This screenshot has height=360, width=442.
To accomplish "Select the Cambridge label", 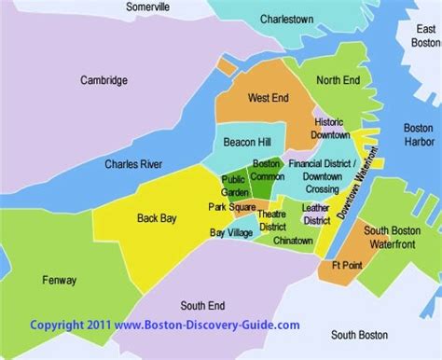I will [104, 81].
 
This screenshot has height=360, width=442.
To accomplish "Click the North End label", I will [337, 81].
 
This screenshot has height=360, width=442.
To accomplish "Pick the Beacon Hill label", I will [247, 143].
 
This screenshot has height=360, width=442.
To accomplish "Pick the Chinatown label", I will [294, 241].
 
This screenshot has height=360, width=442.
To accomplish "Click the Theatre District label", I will [272, 219].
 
